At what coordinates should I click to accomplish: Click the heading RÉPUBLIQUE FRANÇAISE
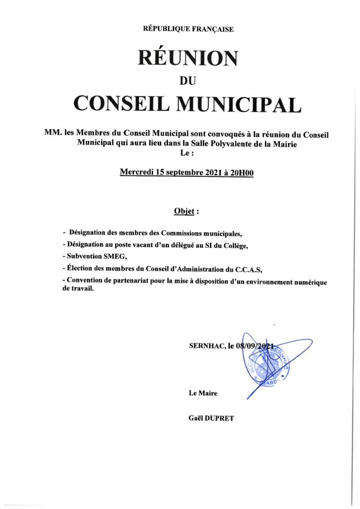[x=188, y=29]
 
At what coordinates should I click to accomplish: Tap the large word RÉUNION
[x=188, y=58]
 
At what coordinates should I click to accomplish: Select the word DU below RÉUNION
[x=188, y=80]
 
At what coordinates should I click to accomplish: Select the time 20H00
[x=242, y=173]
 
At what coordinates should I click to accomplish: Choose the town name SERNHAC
[x=206, y=346]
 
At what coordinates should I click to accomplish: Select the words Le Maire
[x=203, y=392]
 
